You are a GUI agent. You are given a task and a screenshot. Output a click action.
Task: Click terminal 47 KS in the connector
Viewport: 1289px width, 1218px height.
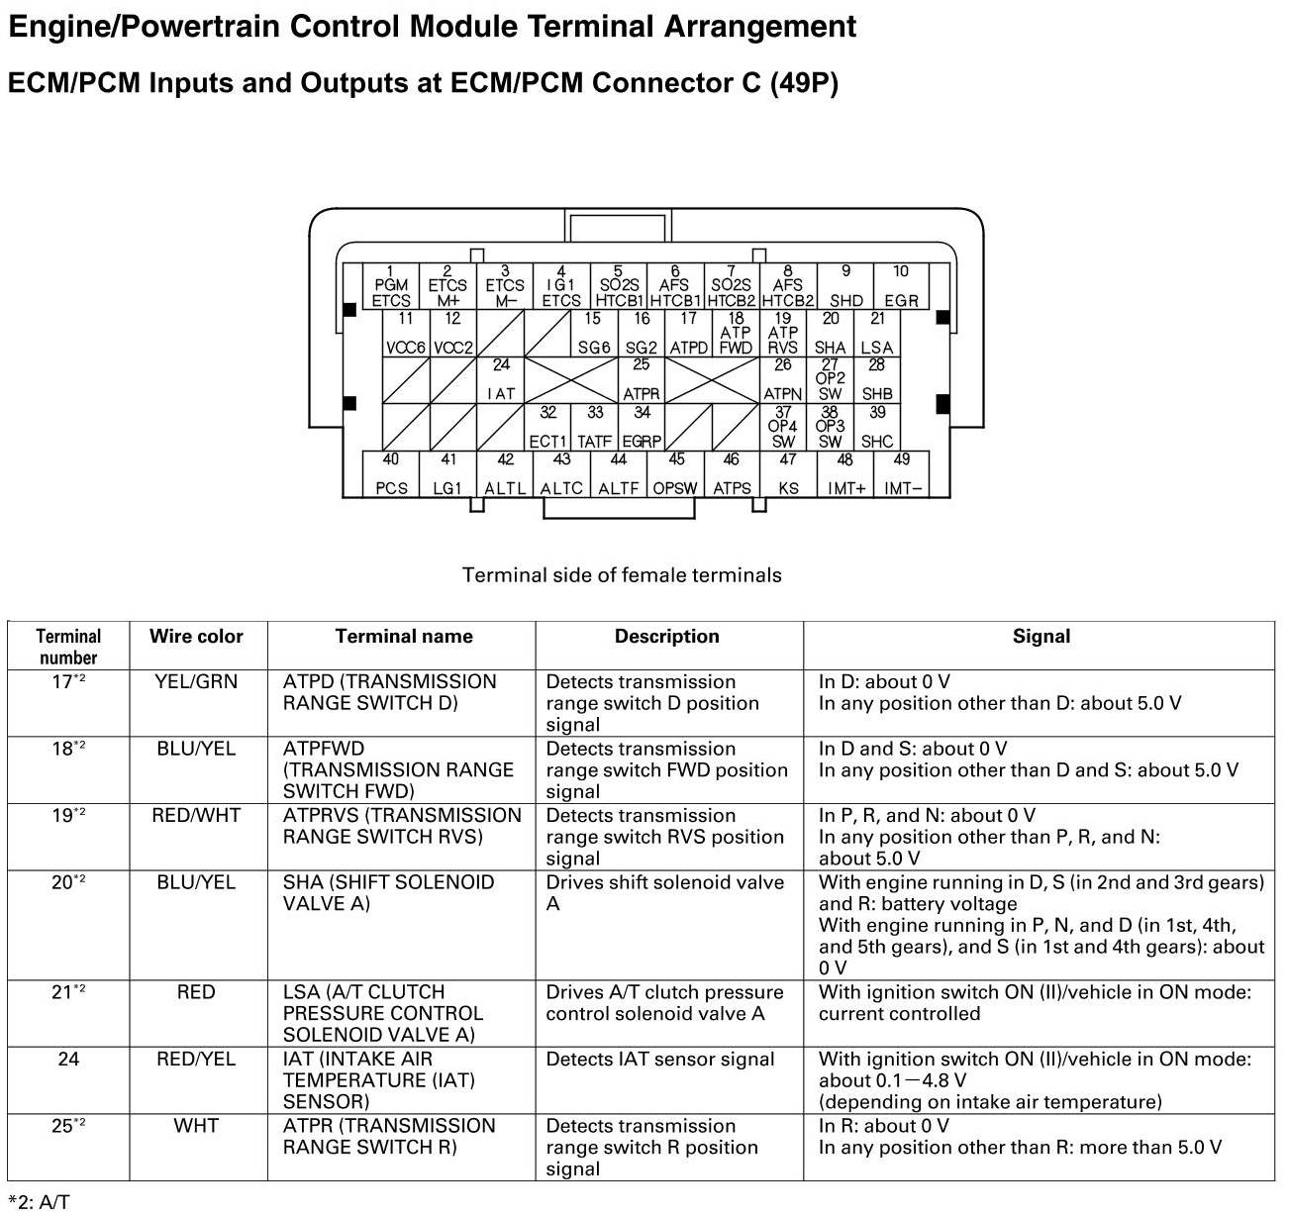(788, 474)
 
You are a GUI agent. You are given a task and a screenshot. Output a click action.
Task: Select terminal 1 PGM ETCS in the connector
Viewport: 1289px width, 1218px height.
(391, 286)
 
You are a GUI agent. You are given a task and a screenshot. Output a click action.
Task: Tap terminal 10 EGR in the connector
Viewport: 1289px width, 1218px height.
(901, 286)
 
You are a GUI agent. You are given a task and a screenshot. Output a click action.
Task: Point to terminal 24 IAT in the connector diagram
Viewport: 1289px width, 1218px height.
(501, 380)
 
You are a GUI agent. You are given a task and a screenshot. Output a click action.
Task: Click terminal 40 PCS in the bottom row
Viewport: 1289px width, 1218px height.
(392, 474)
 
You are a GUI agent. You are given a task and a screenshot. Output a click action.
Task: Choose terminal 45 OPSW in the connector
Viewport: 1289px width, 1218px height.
(675, 474)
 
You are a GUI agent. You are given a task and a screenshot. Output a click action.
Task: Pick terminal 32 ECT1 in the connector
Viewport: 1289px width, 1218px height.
(547, 428)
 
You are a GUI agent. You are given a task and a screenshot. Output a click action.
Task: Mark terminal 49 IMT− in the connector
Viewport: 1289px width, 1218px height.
(902, 474)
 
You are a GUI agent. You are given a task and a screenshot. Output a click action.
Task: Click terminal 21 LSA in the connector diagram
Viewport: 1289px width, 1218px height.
(877, 334)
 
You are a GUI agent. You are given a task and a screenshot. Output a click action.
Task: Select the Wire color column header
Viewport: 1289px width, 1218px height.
(196, 637)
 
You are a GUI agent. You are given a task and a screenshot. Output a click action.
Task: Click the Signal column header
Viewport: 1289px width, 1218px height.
(1041, 637)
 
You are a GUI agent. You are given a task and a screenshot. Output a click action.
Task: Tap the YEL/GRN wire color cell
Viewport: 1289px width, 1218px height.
(196, 682)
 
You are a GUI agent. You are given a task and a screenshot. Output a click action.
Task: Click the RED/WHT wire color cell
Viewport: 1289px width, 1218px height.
(196, 816)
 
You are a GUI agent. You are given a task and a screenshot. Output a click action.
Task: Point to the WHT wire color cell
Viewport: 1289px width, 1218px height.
(196, 1126)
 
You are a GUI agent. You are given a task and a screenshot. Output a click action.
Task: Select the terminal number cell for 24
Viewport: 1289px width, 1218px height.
(68, 1060)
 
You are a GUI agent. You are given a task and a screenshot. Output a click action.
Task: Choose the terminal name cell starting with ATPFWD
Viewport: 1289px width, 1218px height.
(399, 769)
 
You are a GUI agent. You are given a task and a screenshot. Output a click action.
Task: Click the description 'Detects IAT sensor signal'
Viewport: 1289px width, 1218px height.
(660, 1060)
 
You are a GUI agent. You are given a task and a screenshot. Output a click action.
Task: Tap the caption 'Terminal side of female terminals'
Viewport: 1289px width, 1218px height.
(622, 575)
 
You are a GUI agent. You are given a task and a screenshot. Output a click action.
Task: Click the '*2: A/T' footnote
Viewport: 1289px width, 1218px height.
(40, 1202)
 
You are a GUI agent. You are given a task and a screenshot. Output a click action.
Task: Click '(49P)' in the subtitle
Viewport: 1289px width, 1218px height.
(803, 83)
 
